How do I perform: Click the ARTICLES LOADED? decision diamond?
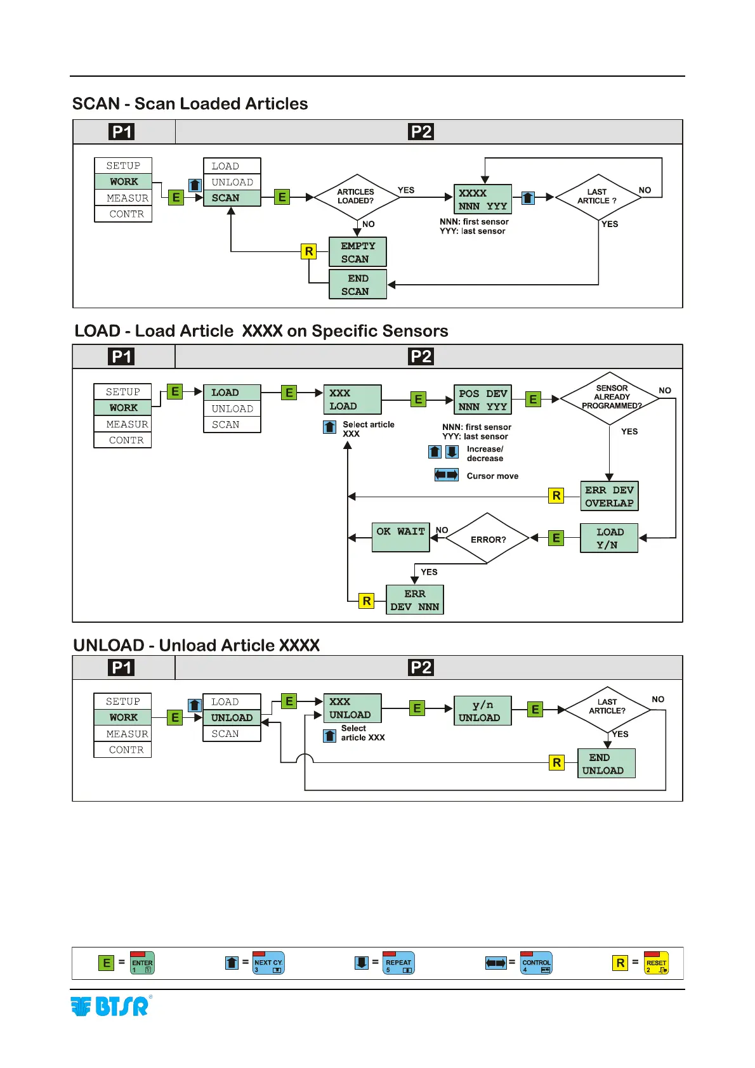[357, 197]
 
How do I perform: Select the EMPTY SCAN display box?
[358, 252]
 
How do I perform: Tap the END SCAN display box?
[358, 285]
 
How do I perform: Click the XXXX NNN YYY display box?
[483, 199]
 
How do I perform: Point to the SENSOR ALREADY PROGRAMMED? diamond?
[610, 398]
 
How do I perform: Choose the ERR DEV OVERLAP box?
[609, 497]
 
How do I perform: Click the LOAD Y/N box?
[609, 538]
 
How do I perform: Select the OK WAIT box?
[400, 538]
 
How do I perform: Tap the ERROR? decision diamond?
[487, 539]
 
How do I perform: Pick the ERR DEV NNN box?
[415, 600]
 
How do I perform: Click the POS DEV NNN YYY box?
[483, 400]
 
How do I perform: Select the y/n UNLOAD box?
[482, 711]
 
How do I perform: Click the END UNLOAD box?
[606, 764]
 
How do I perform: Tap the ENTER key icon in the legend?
[142, 963]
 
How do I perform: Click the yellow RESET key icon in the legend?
[656, 963]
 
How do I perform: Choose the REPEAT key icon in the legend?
[398, 963]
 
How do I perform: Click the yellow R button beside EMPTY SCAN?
[309, 251]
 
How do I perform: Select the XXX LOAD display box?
[352, 400]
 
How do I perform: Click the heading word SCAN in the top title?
[96, 104]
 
